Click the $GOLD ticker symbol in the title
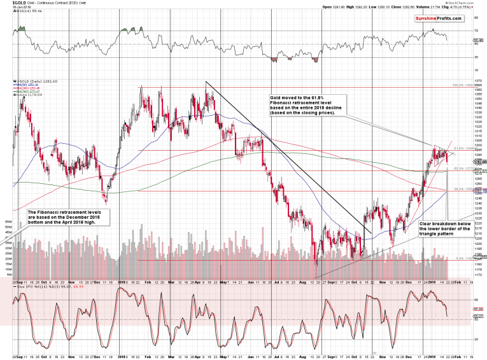pos(10,4)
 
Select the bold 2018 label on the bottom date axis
pos(122,354)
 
